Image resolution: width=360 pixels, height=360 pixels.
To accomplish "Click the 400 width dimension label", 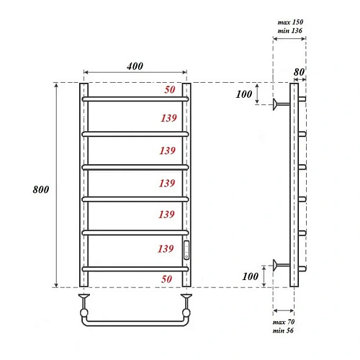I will click(x=135, y=66).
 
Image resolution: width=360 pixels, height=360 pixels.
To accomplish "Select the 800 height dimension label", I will click(x=41, y=190).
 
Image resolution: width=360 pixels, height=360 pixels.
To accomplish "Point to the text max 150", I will click(x=290, y=23).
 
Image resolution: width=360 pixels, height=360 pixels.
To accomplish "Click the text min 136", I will click(x=290, y=32).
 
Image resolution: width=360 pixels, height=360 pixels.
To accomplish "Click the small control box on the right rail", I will click(x=186, y=250).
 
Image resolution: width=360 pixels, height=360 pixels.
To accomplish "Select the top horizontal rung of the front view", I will click(x=135, y=99).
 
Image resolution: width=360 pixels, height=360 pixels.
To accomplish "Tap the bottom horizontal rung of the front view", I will click(x=135, y=269).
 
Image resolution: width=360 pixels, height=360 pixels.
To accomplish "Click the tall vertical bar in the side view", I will click(x=294, y=184).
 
